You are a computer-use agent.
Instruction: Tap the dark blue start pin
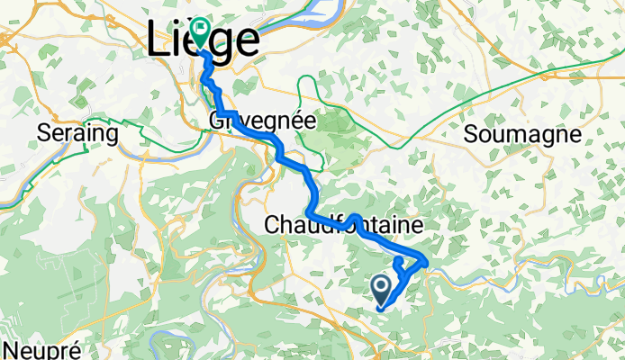(x=381, y=290)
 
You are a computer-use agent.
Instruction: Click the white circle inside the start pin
(x=381, y=286)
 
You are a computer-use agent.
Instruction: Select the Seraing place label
(x=78, y=134)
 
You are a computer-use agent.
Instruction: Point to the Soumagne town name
(x=521, y=134)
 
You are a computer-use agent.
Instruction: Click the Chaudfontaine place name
(x=343, y=225)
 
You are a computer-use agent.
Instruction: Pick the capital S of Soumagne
(x=472, y=134)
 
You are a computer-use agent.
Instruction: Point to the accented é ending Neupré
(x=76, y=349)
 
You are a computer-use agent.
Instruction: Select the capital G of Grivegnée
(x=214, y=120)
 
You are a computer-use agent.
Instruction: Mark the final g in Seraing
(x=113, y=136)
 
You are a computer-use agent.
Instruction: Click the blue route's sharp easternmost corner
(x=425, y=262)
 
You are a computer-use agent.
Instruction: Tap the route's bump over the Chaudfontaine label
(x=355, y=218)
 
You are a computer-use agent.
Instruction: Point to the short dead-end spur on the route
(x=398, y=263)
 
